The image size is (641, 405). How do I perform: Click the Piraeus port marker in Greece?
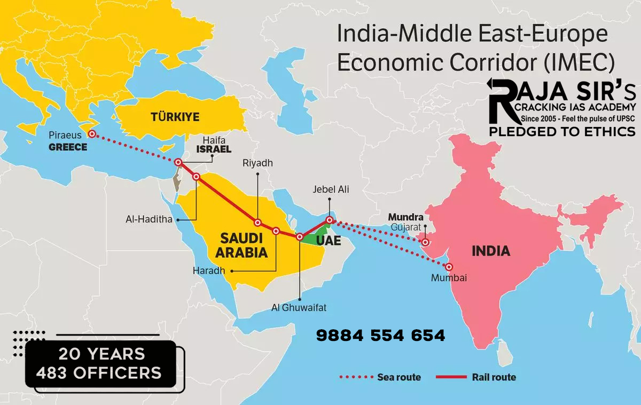pyautogui.click(x=92, y=134)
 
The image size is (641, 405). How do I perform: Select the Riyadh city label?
pyautogui.click(x=257, y=163)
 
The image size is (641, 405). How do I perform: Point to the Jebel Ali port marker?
pyautogui.click(x=330, y=219)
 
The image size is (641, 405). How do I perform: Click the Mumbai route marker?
pyautogui.click(x=449, y=267)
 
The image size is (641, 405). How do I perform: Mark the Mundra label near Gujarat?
pyautogui.click(x=405, y=217)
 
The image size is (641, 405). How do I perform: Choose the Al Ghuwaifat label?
pyautogui.click(x=299, y=308)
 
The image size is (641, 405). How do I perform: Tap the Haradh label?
pyautogui.click(x=209, y=271)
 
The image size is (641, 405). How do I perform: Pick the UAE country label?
pyautogui.click(x=328, y=241)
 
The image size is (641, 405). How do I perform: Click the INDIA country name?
pyautogui.click(x=490, y=251)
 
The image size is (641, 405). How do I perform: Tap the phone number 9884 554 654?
pyautogui.click(x=380, y=336)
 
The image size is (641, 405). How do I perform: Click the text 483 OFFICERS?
pyautogui.click(x=99, y=372)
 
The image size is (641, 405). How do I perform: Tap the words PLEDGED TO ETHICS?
pyautogui.click(x=562, y=131)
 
